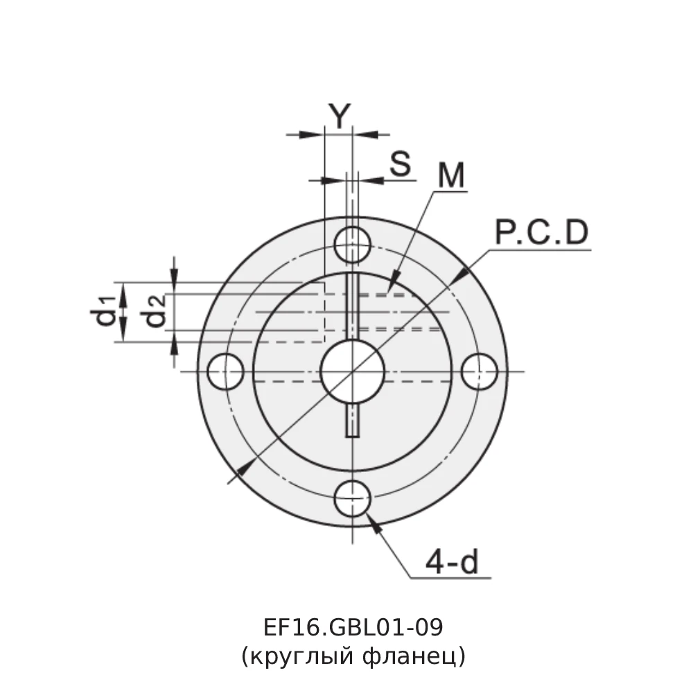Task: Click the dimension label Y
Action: [x=339, y=116]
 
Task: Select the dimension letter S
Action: [x=400, y=164]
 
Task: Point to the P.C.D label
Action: [x=541, y=234]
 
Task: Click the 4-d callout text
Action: [x=452, y=563]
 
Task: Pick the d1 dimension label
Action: [x=103, y=310]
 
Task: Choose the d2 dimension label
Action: [x=155, y=310]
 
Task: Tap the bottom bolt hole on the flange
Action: [x=352, y=498]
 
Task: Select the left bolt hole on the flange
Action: [x=225, y=371]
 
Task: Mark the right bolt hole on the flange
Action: [x=480, y=371]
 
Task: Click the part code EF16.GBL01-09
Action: [x=353, y=627]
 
